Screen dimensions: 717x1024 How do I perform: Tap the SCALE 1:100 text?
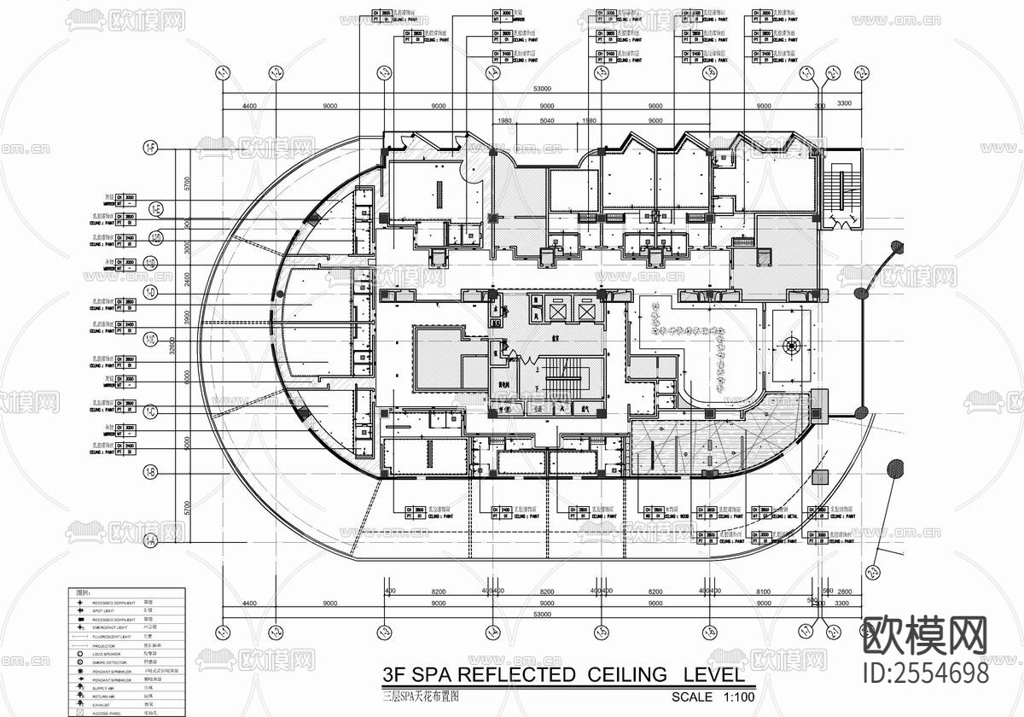click(x=713, y=697)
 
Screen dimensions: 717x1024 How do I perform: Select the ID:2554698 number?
click(x=927, y=673)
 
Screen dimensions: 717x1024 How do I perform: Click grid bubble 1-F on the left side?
click(x=151, y=149)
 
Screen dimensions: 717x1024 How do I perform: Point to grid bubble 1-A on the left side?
click(x=151, y=539)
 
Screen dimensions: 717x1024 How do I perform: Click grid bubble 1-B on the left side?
click(x=151, y=471)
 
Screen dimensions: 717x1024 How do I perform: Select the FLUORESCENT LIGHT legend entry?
click(x=111, y=636)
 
